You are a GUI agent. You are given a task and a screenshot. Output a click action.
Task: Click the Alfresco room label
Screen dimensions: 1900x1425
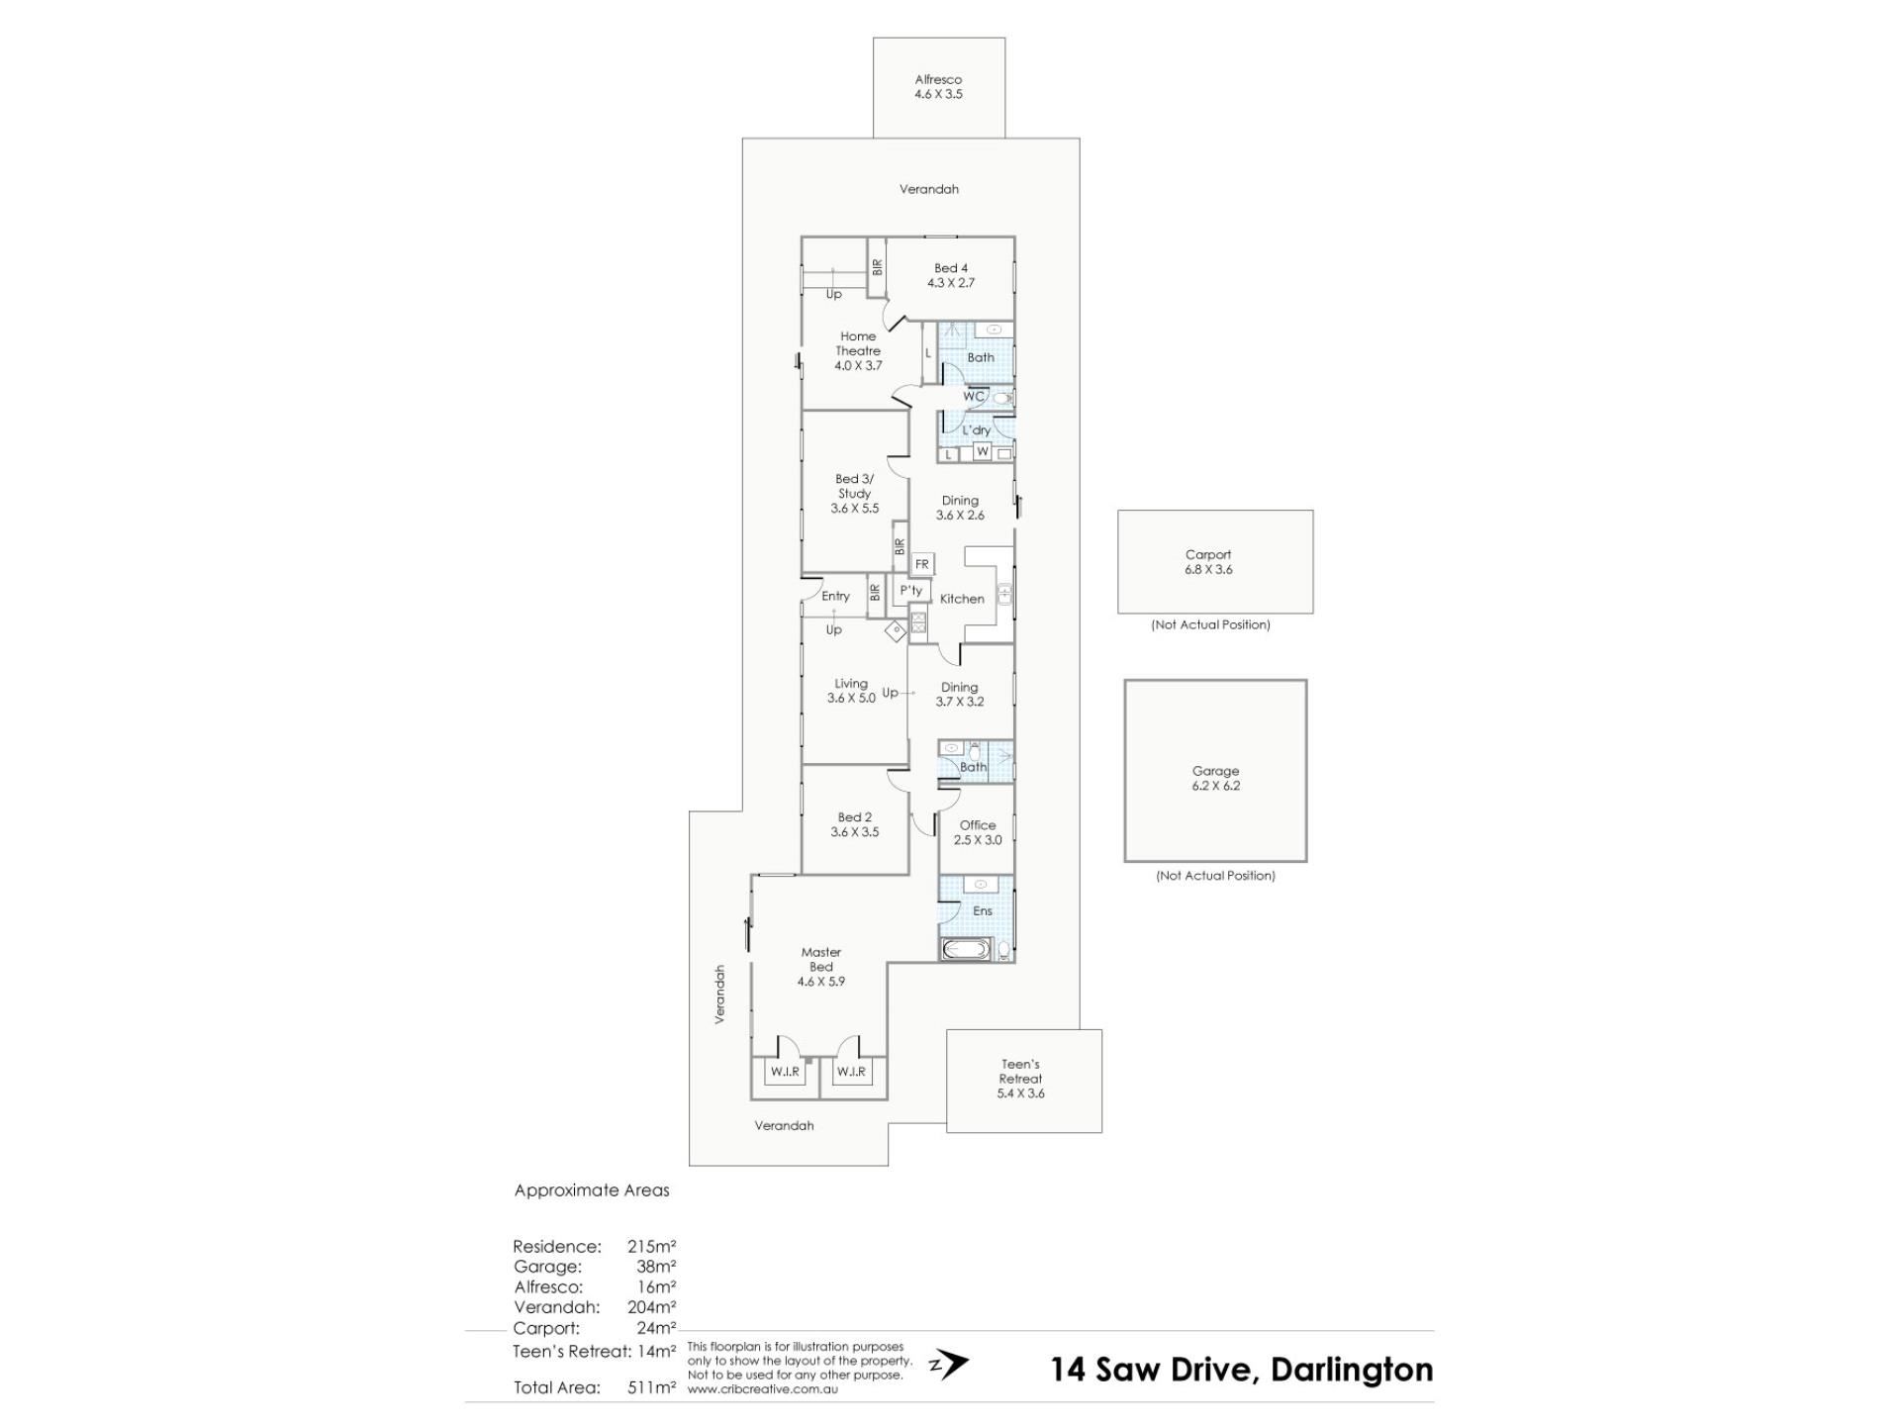coord(938,87)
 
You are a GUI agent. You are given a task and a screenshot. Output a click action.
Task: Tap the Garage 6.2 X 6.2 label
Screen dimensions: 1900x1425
coord(1215,778)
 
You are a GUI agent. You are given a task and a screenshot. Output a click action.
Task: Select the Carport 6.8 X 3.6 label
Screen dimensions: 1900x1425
coord(1208,562)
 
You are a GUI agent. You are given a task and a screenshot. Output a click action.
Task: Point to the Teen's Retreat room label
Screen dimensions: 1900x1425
coord(1020,1079)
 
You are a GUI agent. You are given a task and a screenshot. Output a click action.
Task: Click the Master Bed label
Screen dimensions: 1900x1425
coord(821,967)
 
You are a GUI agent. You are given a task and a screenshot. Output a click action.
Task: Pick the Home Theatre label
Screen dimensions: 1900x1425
coord(858,350)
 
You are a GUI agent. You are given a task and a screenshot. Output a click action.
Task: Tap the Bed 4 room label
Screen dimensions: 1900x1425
coord(951,275)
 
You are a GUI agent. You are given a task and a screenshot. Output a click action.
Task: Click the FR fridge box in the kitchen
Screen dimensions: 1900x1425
coord(922,564)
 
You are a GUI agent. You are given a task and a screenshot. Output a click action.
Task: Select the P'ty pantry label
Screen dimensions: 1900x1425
coord(911,591)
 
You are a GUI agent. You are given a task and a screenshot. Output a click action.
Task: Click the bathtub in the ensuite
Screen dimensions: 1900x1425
coord(965,950)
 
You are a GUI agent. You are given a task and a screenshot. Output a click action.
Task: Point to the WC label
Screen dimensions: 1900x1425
coord(974,397)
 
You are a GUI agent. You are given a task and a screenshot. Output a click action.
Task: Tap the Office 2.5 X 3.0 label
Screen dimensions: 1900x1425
coord(978,832)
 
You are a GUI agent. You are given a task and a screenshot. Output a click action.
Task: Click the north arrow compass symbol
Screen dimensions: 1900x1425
coord(949,1365)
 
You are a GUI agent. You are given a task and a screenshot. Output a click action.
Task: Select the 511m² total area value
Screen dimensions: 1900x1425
coord(651,1387)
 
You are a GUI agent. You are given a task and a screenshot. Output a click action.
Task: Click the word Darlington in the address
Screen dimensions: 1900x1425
coord(1352,1371)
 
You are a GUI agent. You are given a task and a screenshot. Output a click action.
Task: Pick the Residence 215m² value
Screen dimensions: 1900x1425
coord(651,1247)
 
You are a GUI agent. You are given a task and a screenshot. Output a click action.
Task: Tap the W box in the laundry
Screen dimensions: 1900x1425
coord(982,451)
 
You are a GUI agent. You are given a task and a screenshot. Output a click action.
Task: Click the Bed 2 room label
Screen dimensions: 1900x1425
coord(855,824)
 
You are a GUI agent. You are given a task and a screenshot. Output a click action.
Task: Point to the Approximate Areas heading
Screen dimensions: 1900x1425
coord(592,1190)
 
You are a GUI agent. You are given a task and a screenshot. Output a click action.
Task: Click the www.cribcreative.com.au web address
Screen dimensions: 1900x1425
coord(762,1389)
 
